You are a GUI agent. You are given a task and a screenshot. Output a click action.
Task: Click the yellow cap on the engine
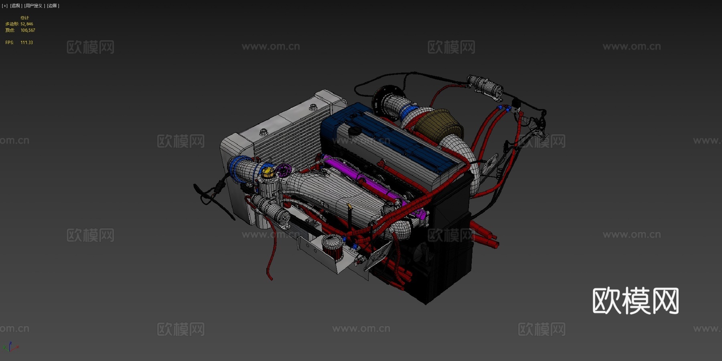coord(268,173)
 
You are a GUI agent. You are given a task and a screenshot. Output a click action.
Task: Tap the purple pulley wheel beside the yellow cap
coord(283,170)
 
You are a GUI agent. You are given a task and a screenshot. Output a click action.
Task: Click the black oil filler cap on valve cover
coord(354,131)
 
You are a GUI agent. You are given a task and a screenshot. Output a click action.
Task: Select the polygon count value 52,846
coord(27,24)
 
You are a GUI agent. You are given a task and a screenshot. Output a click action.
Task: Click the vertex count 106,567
coord(28,30)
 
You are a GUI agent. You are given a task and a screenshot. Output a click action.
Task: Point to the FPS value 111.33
coord(26,43)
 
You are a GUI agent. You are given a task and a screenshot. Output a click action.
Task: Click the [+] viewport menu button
coord(4,6)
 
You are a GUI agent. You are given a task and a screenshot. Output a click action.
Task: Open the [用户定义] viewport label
coord(34,6)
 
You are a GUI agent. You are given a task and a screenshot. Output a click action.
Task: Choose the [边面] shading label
coord(53,6)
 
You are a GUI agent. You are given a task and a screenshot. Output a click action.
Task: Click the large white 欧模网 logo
coord(635,301)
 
